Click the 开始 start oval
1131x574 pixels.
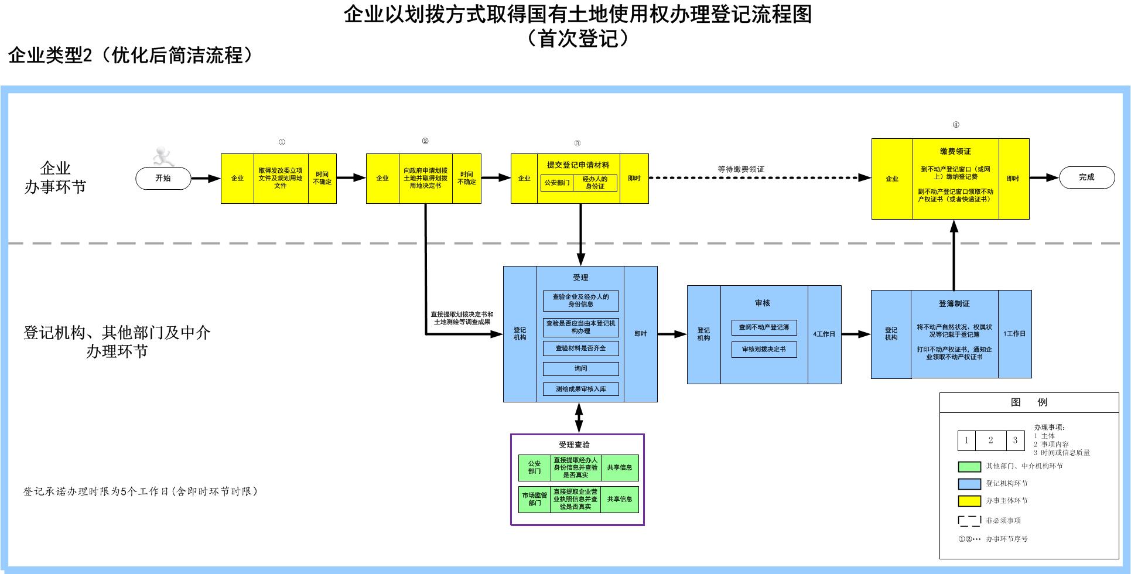pyautogui.click(x=163, y=178)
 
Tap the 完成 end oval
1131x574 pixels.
pyautogui.click(x=1086, y=177)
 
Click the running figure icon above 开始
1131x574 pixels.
pyautogui.click(x=162, y=156)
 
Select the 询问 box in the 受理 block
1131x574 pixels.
pyautogui.click(x=580, y=368)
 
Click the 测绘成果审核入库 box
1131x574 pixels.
pyautogui.click(x=580, y=389)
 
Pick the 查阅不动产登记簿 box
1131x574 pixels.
pyautogui.click(x=764, y=327)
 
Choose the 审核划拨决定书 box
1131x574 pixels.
pyautogui.click(x=764, y=349)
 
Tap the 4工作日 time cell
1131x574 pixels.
pyautogui.click(x=824, y=334)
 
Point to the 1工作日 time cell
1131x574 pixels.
pyautogui.click(x=1014, y=334)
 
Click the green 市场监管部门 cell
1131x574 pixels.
pyautogui.click(x=534, y=499)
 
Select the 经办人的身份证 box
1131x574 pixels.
pyautogui.click(x=594, y=183)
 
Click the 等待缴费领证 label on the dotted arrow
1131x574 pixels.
pyautogui.click(x=741, y=169)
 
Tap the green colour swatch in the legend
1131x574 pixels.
pyautogui.click(x=969, y=467)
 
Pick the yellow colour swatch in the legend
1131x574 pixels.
pyautogui.click(x=969, y=501)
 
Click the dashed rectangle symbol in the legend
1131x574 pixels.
pyautogui.click(x=969, y=521)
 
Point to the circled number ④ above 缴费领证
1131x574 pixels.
pyautogui.click(x=956, y=125)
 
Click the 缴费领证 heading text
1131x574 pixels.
pyautogui.click(x=955, y=151)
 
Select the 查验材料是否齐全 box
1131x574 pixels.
pyautogui.click(x=580, y=348)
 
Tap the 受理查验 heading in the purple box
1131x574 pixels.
pyautogui.click(x=574, y=445)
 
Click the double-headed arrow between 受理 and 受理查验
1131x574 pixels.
pyautogui.click(x=579, y=418)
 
